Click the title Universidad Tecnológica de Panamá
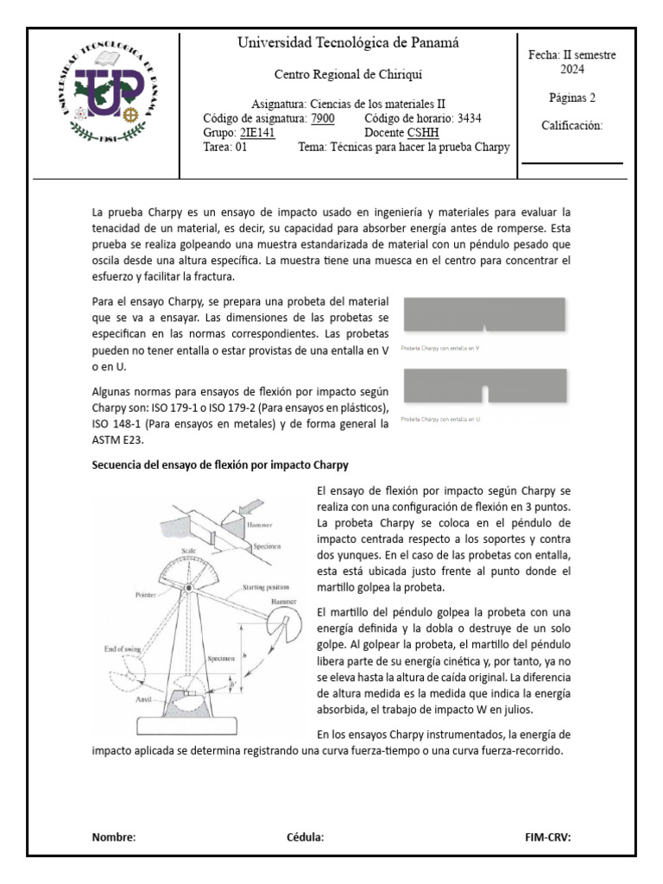(x=348, y=43)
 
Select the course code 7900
(x=321, y=118)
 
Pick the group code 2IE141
(x=256, y=133)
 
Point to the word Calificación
(x=571, y=125)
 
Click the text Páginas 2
(x=571, y=98)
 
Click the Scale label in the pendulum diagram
(x=188, y=550)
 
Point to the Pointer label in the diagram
(x=146, y=595)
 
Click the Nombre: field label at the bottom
(x=114, y=837)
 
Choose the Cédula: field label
(x=305, y=837)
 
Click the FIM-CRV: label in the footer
(x=547, y=837)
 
